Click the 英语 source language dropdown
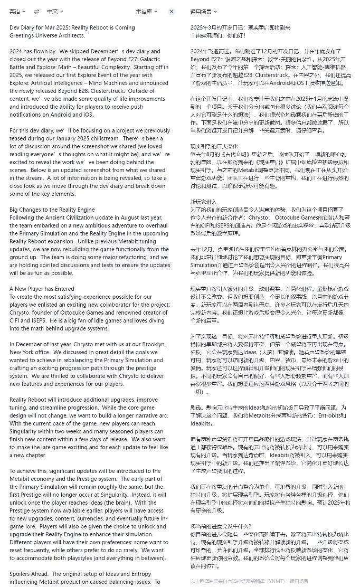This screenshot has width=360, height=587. (x=17, y=11)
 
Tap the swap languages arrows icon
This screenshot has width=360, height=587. (x=36, y=11)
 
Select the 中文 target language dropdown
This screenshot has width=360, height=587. (x=54, y=11)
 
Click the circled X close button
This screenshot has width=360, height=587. (x=172, y=11)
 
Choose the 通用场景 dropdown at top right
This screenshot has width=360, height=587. (x=203, y=11)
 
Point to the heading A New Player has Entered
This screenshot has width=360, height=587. (x=42, y=289)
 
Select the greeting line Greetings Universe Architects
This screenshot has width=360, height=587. (x=47, y=35)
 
